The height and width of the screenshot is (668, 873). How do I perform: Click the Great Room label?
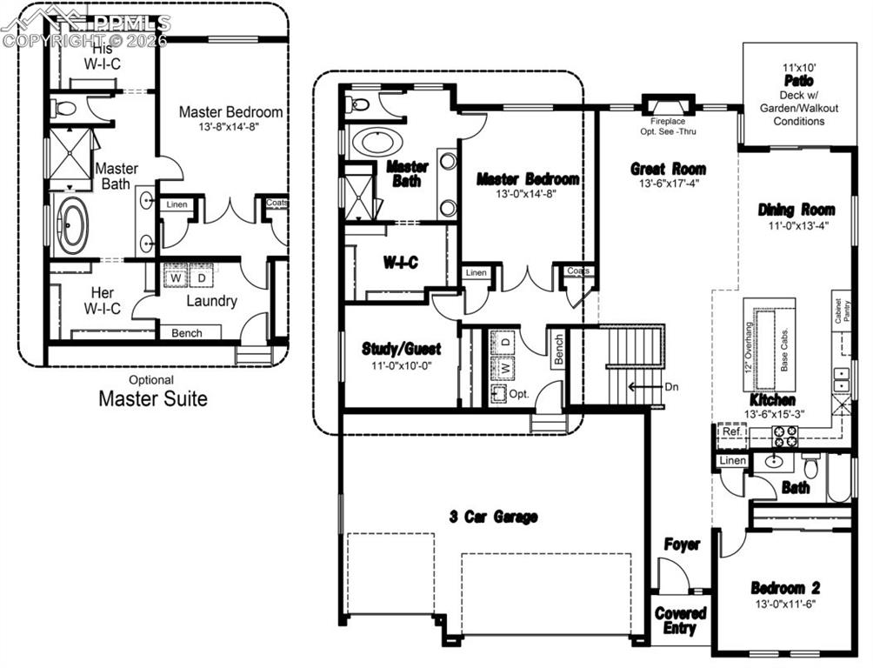tap(668, 169)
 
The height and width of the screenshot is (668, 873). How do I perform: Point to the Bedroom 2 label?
tap(785, 588)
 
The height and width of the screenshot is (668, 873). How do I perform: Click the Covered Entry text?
tap(680, 620)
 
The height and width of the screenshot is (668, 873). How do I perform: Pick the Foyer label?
tap(682, 544)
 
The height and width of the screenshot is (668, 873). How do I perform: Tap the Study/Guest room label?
tap(401, 349)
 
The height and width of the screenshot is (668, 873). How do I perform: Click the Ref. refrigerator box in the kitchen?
tap(730, 432)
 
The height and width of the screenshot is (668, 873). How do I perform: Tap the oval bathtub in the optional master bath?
tap(71, 224)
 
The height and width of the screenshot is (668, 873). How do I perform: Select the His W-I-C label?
tap(102, 57)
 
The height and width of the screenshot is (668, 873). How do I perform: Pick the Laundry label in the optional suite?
tap(211, 301)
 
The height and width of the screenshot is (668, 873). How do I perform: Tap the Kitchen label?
tap(773, 399)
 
